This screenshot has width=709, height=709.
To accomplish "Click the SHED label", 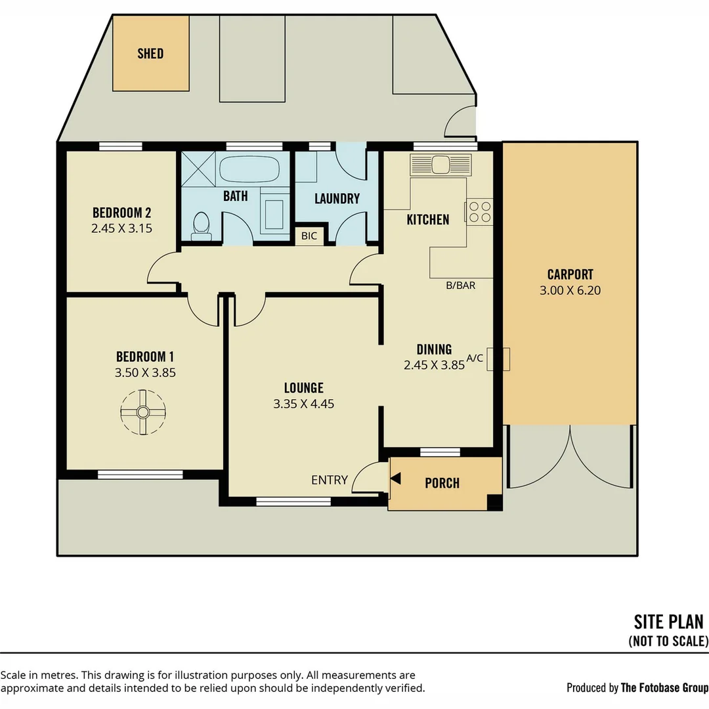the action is coord(150,53).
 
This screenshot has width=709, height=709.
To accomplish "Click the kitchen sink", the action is coord(440,165).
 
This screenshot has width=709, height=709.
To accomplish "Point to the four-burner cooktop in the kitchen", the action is coord(479,211).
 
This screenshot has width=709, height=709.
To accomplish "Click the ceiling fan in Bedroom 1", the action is coord(143,412).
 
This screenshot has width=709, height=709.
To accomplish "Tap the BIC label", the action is coord(309,236).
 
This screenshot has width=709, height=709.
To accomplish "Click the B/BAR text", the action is coord(461,286).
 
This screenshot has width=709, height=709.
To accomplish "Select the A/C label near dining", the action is coord(475,358).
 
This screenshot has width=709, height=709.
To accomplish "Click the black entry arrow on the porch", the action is coord(396,479).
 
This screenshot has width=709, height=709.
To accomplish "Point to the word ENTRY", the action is coord(330,480).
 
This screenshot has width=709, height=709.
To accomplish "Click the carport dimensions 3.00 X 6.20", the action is coord(570,290).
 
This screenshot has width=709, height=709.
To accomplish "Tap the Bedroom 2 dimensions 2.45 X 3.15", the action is coord(121,228).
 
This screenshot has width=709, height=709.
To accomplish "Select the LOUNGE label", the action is coord(304,388).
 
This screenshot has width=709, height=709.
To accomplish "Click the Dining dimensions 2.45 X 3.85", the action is coord(434,365).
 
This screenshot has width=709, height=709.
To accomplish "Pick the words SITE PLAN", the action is coord(668,622).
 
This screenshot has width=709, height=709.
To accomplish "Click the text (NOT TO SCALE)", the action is coord(668,641).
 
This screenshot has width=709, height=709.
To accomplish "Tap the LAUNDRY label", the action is coord(337,198).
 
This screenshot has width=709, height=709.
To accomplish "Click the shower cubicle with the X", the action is coord(198,169).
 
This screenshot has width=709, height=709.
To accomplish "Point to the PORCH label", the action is coord(442,483).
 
